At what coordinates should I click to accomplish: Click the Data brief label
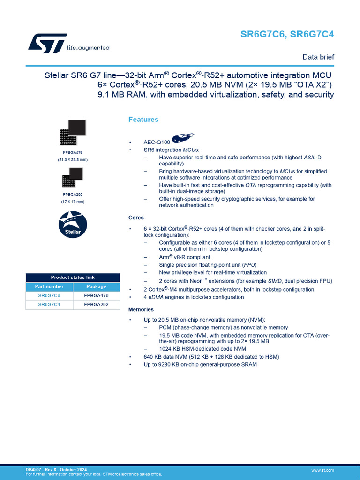tap(318, 57)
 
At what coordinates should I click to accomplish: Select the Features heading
tap(143, 120)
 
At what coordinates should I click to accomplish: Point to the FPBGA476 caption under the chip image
tap(73, 152)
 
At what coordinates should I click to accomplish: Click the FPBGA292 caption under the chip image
tap(73, 194)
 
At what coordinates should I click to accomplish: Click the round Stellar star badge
tap(73, 224)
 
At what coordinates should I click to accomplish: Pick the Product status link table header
tap(73, 277)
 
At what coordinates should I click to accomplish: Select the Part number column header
tap(49, 286)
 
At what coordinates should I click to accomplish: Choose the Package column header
tap(96, 286)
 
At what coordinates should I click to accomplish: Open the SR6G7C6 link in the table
tap(49, 296)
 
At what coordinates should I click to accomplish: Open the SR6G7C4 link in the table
tap(49, 305)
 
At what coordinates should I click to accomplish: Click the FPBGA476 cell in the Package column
tap(96, 296)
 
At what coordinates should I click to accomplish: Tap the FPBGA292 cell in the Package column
tap(96, 305)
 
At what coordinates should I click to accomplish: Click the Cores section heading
tap(136, 217)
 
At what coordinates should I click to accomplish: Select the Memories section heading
tap(141, 309)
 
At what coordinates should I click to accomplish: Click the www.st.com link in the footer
tap(322, 470)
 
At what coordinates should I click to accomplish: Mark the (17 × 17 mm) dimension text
tap(73, 202)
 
